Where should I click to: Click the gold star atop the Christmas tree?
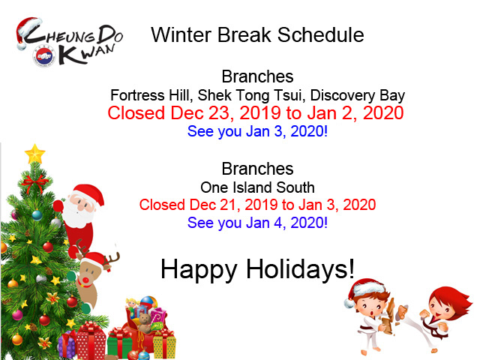tap(34, 154)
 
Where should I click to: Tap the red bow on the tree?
tap(34, 183)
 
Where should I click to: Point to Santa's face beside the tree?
tap(80, 207)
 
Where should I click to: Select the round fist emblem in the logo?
tap(44, 56)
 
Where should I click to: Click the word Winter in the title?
tap(181, 34)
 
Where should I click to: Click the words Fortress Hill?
tap(151, 95)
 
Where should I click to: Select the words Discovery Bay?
tap(358, 95)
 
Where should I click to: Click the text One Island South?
tap(257, 187)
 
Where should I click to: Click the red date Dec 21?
tap(213, 205)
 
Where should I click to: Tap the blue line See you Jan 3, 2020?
tap(257, 132)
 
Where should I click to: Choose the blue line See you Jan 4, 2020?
tap(257, 223)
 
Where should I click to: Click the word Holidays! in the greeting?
tap(300, 268)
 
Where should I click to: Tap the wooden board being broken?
tap(388, 316)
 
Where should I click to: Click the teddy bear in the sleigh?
tap(145, 323)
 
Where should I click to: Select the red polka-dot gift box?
tap(91, 340)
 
